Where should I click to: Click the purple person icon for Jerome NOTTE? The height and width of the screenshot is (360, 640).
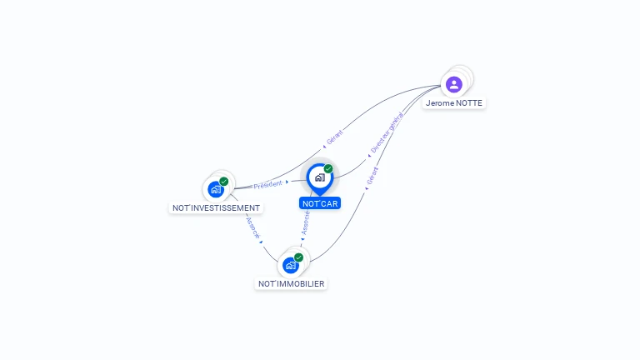(453, 84)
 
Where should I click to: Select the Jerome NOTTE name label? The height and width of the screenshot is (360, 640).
(453, 103)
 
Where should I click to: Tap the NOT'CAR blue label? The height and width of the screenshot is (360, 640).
(320, 203)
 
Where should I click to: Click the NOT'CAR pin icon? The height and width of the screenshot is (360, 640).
(319, 177)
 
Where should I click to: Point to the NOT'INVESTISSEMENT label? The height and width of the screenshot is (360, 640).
(216, 207)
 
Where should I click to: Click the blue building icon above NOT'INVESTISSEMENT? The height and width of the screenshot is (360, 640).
(216, 189)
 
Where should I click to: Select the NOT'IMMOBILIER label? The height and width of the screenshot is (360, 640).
(291, 283)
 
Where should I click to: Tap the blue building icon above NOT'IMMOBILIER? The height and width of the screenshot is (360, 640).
(290, 265)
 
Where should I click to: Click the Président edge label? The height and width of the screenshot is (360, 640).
(267, 184)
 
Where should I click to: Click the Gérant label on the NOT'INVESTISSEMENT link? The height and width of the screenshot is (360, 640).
(335, 137)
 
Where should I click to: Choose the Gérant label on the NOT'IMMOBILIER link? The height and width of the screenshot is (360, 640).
(372, 176)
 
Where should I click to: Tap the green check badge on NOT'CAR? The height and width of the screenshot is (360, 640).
(328, 169)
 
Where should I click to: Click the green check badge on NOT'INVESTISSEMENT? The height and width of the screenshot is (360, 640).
(224, 181)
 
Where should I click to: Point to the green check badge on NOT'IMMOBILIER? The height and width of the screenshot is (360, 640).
(298, 257)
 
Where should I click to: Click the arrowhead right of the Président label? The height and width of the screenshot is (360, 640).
(287, 182)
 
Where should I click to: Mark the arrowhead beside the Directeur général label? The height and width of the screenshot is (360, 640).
(368, 155)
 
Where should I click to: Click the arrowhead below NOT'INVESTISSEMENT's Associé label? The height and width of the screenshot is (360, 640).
(261, 242)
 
